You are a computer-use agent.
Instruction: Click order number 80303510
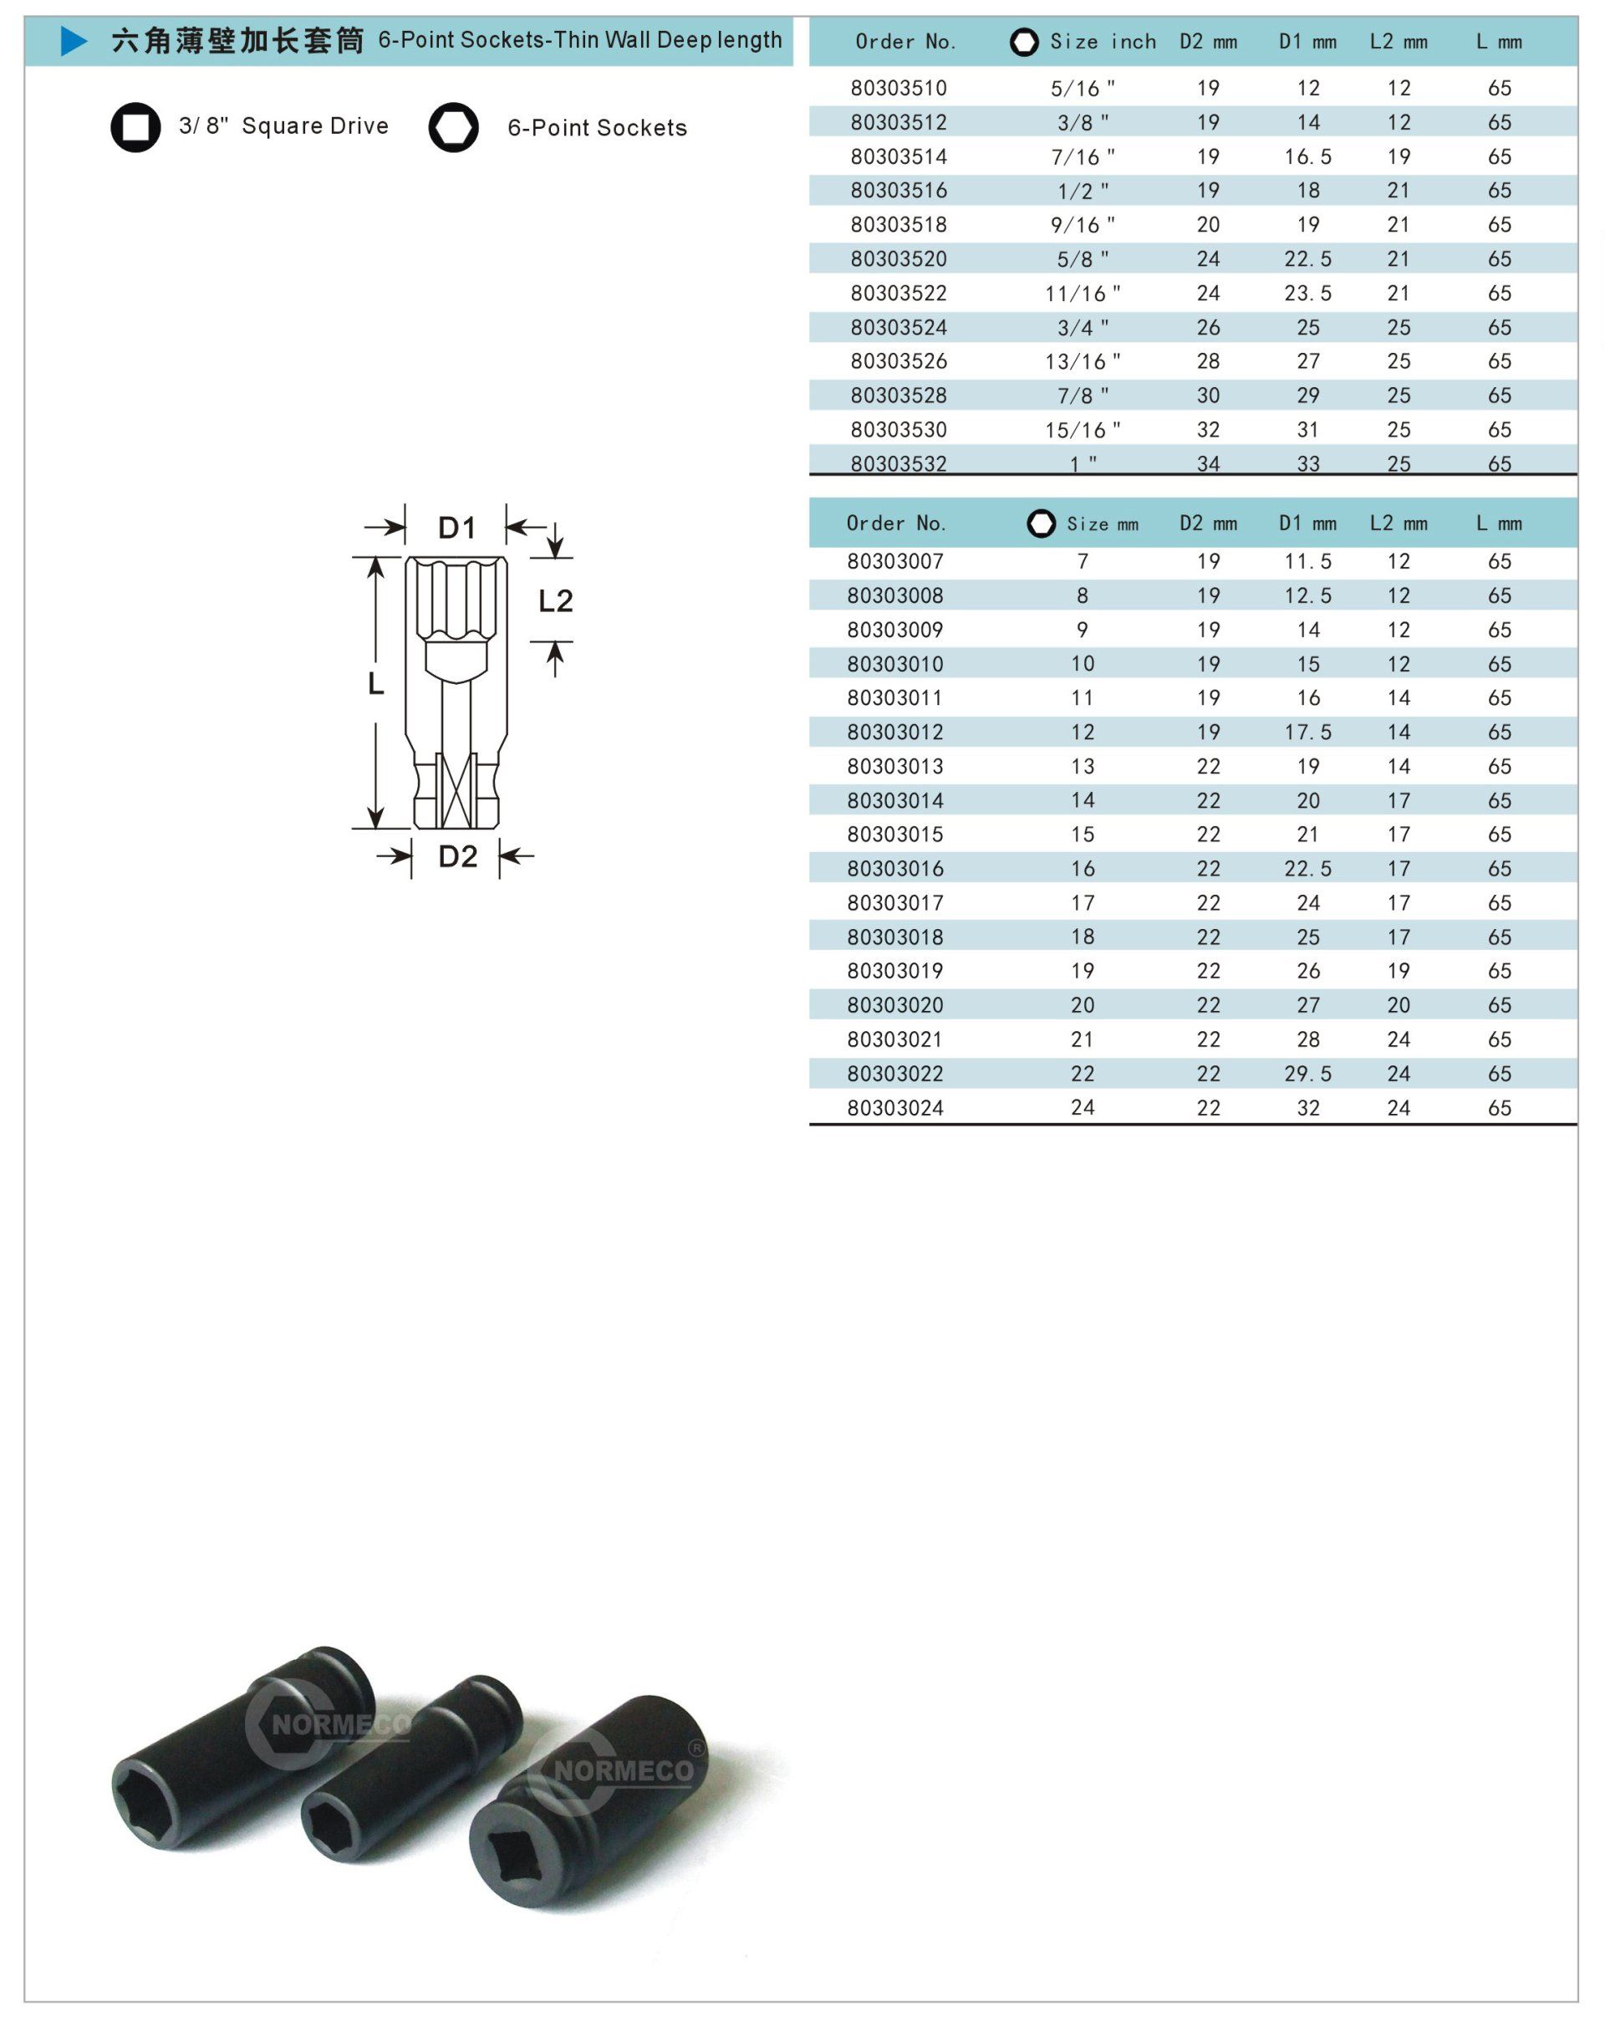point(898,88)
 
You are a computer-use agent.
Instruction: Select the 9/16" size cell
point(1083,224)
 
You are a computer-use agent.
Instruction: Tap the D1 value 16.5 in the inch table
point(1307,156)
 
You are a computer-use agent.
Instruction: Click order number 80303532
point(898,463)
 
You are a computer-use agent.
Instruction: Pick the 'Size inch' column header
point(1102,41)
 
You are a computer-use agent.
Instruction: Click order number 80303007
point(895,561)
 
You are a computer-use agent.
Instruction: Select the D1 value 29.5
point(1307,1073)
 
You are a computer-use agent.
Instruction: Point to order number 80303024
point(895,1108)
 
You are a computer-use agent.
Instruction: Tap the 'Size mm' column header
point(1102,523)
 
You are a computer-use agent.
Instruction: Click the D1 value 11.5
point(1307,561)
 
